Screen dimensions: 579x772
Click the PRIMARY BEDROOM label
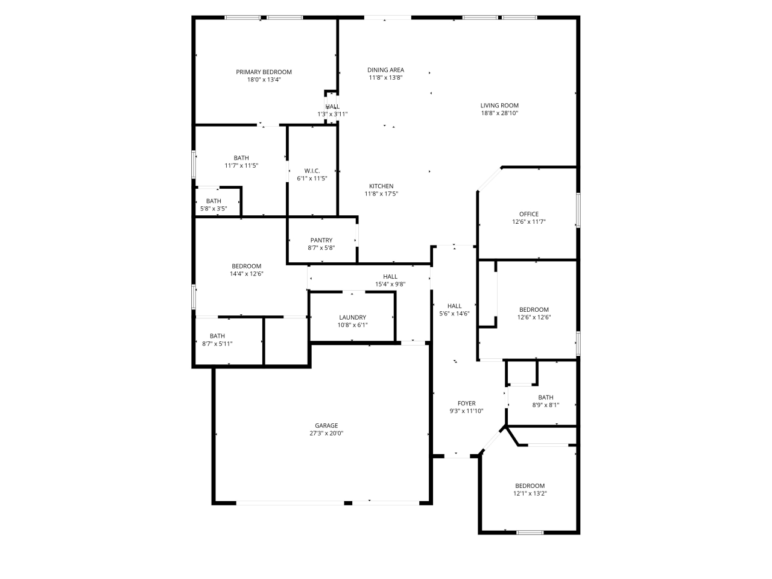(x=264, y=72)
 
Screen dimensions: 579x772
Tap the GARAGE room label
(x=326, y=425)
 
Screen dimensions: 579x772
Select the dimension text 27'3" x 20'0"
(x=326, y=433)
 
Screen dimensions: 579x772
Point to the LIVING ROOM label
(x=499, y=106)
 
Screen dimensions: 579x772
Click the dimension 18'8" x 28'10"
(x=499, y=113)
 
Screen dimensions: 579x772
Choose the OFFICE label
(x=528, y=214)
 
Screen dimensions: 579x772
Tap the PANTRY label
(x=321, y=240)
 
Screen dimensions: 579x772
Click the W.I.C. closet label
(x=312, y=171)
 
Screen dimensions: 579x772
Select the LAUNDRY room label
(x=352, y=317)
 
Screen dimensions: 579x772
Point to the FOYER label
(x=466, y=403)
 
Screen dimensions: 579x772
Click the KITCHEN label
(x=381, y=186)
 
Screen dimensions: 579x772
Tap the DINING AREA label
(x=385, y=70)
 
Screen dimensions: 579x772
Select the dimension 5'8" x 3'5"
(x=214, y=209)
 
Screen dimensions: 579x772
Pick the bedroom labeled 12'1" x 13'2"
(x=530, y=486)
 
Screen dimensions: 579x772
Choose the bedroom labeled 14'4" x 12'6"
(x=246, y=266)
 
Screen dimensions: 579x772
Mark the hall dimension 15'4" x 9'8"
(x=390, y=284)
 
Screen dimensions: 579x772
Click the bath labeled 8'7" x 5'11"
(x=217, y=336)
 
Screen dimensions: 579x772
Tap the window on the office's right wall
(x=577, y=210)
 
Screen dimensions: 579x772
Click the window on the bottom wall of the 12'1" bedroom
(x=530, y=533)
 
